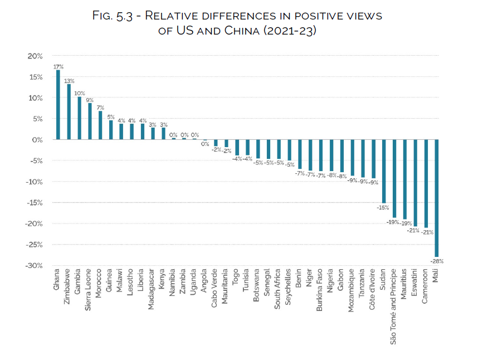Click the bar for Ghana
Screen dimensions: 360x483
pyautogui.click(x=58, y=105)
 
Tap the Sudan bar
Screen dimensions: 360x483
pyautogui.click(x=384, y=171)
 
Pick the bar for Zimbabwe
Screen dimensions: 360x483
pyautogui.click(x=69, y=112)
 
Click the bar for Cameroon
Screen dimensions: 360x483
pyautogui.click(x=426, y=183)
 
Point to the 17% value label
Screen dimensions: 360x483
pyautogui.click(x=57, y=66)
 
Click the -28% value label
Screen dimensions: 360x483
pyautogui.click(x=437, y=260)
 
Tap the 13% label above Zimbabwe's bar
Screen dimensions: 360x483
pyautogui.click(x=69, y=81)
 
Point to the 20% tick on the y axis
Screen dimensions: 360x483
pyautogui.click(x=35, y=56)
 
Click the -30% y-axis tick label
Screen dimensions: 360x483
pyautogui.click(x=33, y=265)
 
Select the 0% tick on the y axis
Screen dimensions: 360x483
pyautogui.click(x=37, y=139)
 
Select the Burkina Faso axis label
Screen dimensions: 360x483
pyautogui.click(x=319, y=292)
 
